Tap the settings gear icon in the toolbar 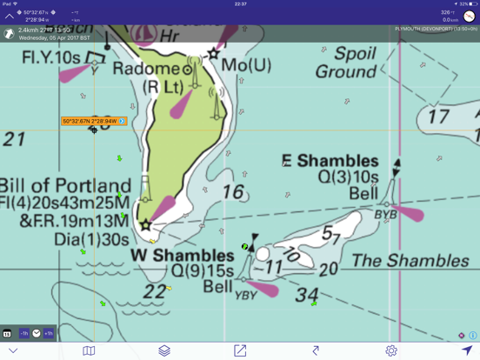391,350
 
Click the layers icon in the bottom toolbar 164,350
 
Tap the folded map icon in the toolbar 89,350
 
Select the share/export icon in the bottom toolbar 240,350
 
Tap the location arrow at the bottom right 467,350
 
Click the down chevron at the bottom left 13,350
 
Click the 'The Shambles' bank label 397,260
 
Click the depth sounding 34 306,295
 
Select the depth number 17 438,117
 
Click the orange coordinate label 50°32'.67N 92,122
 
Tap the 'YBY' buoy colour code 245,296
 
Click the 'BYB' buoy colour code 385,214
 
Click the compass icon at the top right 469,16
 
